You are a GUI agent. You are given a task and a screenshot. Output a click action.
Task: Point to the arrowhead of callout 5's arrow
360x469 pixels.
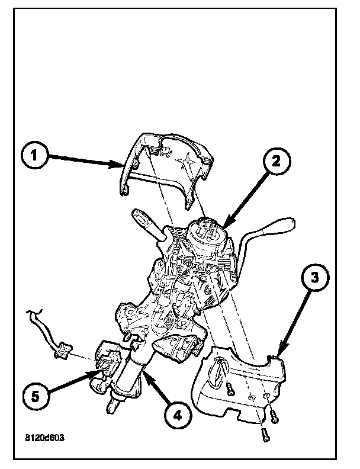tap(95, 372)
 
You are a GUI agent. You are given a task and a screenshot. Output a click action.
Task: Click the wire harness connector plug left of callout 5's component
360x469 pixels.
tap(61, 354)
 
